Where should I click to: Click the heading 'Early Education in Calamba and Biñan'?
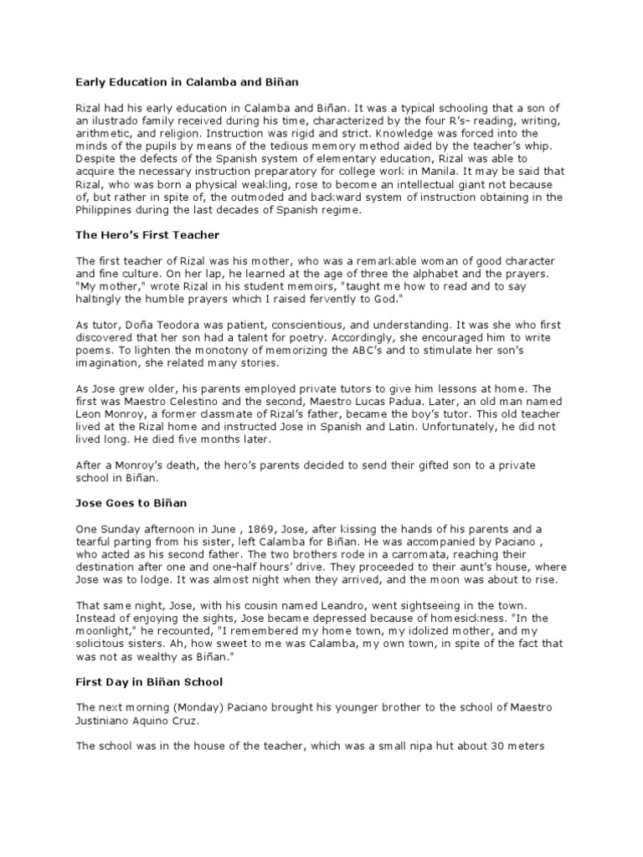[x=187, y=82]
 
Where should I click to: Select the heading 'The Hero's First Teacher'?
[x=147, y=235]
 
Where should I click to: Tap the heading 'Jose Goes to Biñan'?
[x=130, y=504]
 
